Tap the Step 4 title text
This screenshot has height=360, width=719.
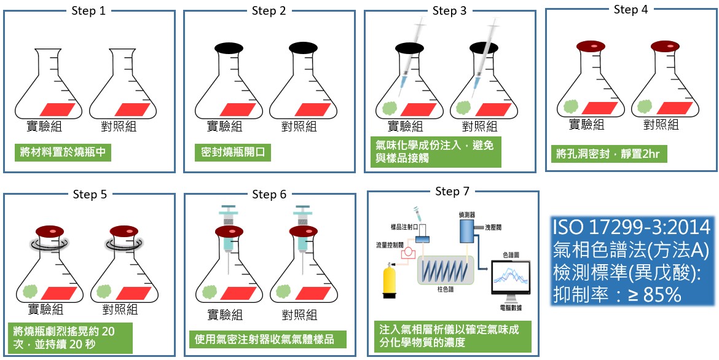[631, 9]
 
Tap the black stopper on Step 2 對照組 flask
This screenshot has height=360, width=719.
[302, 47]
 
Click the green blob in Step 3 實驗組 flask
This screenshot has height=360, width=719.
[389, 106]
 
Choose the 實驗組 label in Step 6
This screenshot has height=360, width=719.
[225, 315]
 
